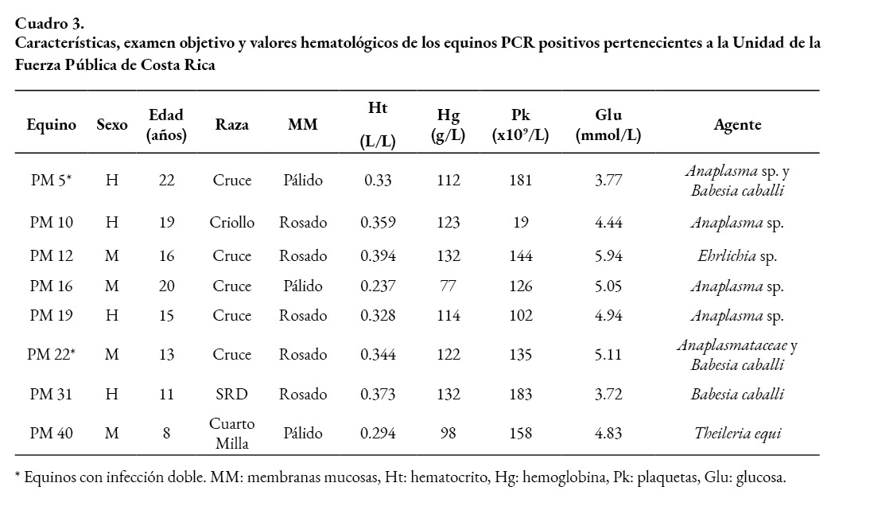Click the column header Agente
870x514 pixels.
pyautogui.click(x=737, y=125)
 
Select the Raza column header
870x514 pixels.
pyautogui.click(x=231, y=125)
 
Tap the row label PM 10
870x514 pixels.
pyautogui.click(x=52, y=223)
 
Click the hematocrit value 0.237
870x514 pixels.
pyautogui.click(x=378, y=286)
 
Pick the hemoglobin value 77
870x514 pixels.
pyautogui.click(x=449, y=286)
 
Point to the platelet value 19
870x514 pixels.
pyautogui.click(x=520, y=223)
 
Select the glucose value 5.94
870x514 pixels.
pyautogui.click(x=608, y=256)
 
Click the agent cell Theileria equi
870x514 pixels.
pyautogui.click(x=737, y=434)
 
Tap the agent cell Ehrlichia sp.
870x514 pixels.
pyautogui.click(x=737, y=256)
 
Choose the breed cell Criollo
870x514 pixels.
pyautogui.click(x=232, y=223)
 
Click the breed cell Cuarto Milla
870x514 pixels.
pyautogui.click(x=232, y=434)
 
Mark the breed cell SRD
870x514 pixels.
pyautogui.click(x=231, y=395)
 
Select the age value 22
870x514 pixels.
pyautogui.click(x=166, y=181)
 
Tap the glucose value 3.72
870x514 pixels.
pyautogui.click(x=608, y=395)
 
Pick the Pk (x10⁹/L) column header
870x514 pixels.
pyautogui.click(x=520, y=125)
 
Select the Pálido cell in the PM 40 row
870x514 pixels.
pyautogui.click(x=303, y=434)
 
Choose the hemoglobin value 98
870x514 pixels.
pyautogui.click(x=449, y=434)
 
